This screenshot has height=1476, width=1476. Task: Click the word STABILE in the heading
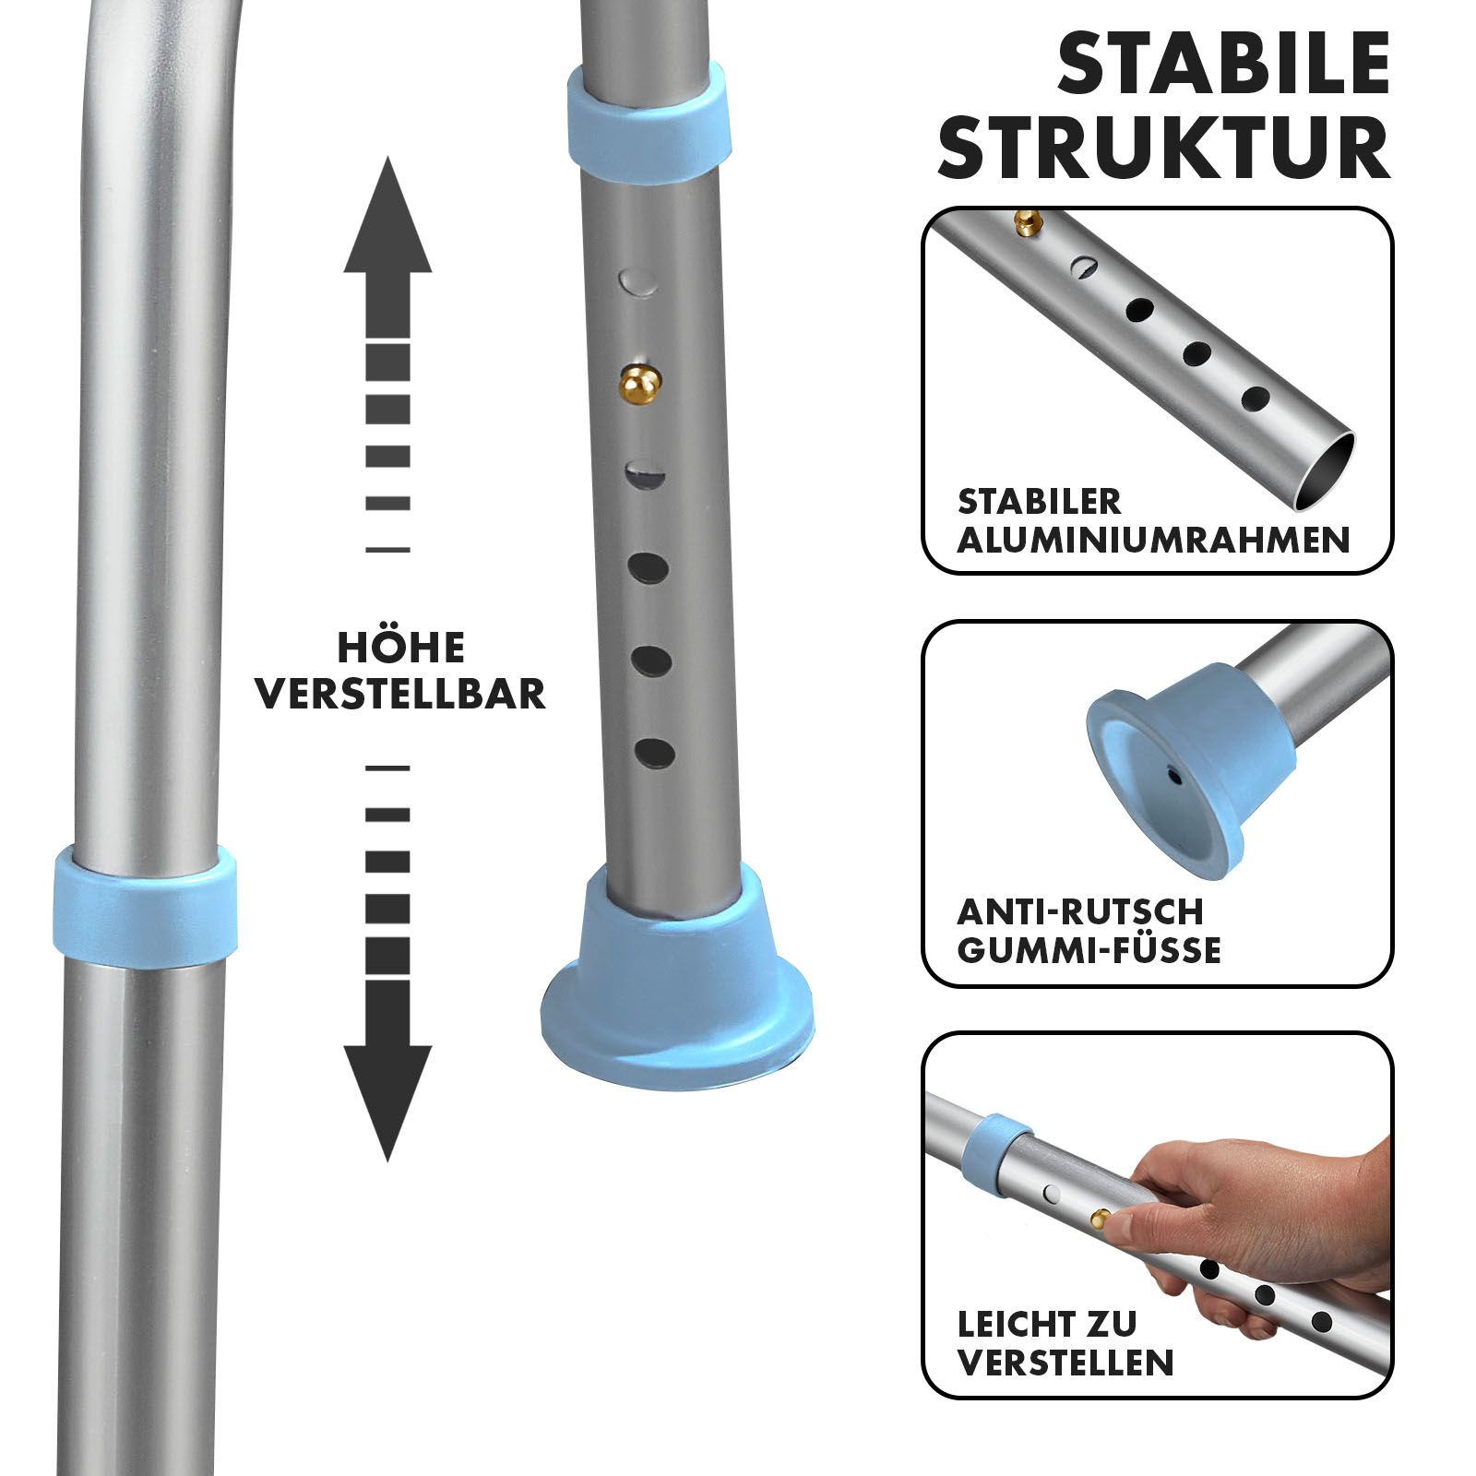click(1223, 64)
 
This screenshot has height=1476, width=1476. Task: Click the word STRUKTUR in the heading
click(1164, 147)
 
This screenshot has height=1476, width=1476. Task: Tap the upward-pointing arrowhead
click(387, 217)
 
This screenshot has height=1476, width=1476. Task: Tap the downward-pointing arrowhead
click(387, 1103)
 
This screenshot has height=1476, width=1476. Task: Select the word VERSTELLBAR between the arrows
click(401, 694)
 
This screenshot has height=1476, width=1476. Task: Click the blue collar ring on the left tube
click(144, 902)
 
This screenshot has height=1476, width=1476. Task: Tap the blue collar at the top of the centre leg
click(650, 111)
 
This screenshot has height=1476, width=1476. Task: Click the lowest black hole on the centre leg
click(654, 753)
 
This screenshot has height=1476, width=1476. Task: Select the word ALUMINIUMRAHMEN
click(1153, 540)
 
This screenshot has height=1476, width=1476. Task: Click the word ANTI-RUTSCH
click(1080, 911)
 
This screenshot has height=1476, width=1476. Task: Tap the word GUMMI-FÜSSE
click(1089, 950)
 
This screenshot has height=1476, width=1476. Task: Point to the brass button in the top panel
click(1027, 220)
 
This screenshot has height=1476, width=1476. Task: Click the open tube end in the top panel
click(1325, 471)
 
